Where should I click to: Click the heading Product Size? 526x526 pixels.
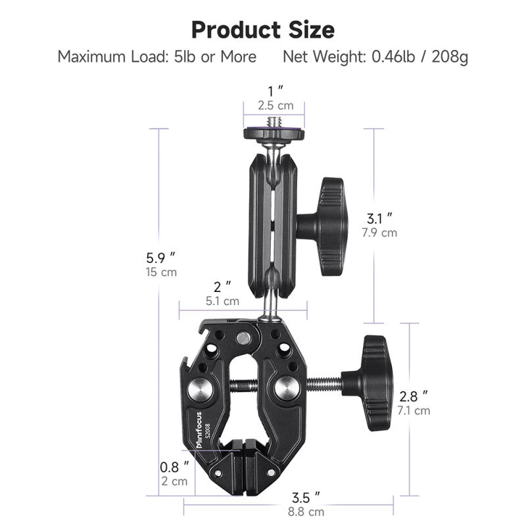[263, 30]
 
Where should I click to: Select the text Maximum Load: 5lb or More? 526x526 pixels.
[156, 57]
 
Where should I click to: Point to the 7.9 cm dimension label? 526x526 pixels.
[381, 232]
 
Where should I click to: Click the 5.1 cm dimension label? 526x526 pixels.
[222, 301]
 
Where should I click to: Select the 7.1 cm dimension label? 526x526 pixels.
[414, 410]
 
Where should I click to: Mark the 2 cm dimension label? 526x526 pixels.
[175, 481]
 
